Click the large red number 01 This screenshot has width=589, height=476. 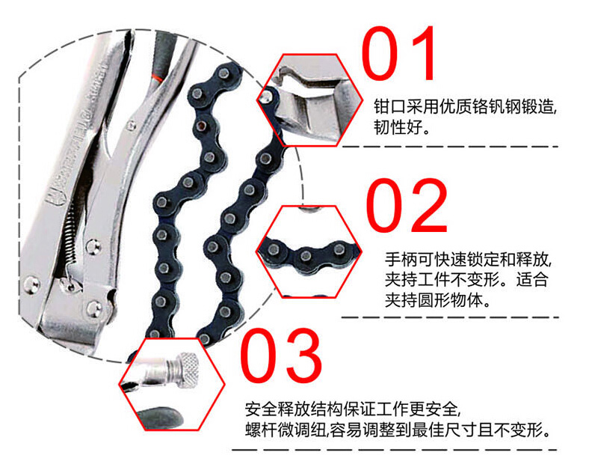pos(398,53)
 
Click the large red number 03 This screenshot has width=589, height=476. pos(281,356)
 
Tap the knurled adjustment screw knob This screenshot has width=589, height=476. pos(188,372)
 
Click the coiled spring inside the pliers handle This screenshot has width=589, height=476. pos(70,235)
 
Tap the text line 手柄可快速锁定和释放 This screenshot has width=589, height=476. pos(468,260)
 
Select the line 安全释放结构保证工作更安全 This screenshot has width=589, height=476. pos(352,409)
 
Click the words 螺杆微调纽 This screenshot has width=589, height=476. pos(286,430)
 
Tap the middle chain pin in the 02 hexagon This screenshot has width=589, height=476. pos(306,256)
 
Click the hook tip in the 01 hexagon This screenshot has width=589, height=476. pos(279,78)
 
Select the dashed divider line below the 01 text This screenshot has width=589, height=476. pos(450,147)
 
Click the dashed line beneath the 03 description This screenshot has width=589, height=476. pos(395,450)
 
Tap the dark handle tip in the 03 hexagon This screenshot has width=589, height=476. pos(160,418)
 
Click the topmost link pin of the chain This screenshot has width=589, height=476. pos(225,72)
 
